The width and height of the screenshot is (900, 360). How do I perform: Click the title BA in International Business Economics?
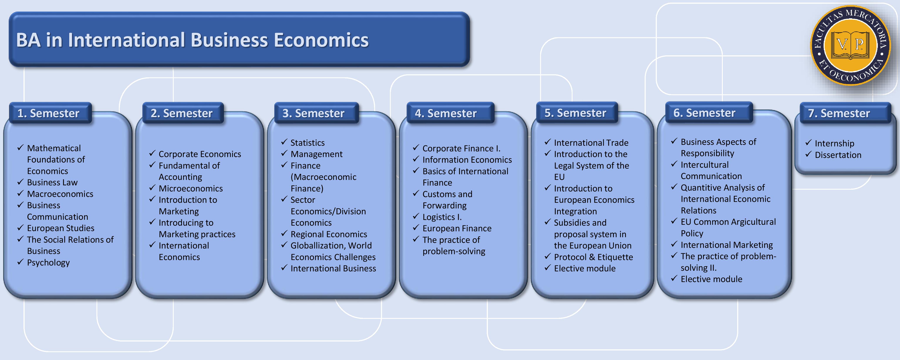(x=192, y=40)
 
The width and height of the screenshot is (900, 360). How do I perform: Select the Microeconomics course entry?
(x=190, y=188)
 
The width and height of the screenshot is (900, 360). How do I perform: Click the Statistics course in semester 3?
(x=307, y=143)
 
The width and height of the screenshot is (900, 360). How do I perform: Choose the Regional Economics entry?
(x=329, y=234)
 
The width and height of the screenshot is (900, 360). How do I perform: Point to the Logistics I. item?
(x=442, y=217)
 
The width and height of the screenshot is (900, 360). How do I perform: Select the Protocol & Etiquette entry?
(x=593, y=257)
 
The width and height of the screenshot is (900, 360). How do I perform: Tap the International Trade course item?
(x=591, y=143)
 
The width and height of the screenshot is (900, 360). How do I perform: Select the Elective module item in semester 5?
(x=585, y=269)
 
